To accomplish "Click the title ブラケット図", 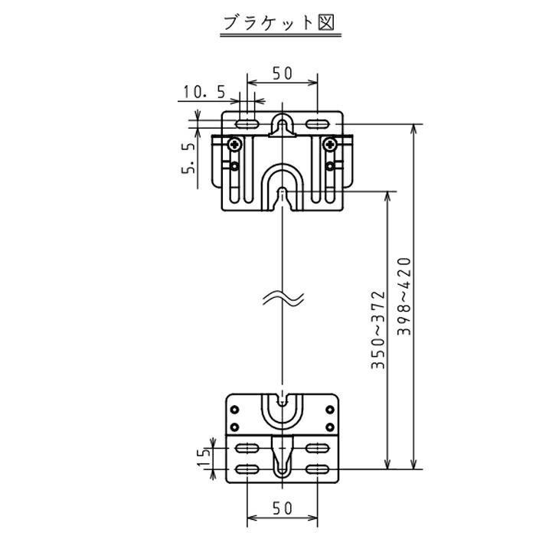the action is [279, 23].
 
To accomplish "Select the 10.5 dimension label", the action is [204, 92].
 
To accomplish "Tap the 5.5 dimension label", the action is [188, 158].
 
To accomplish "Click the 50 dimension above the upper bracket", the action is [283, 74].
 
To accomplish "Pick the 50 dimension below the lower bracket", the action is [283, 508].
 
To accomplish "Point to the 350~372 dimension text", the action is [378, 330].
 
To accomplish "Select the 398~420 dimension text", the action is [404, 296].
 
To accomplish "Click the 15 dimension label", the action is [204, 457].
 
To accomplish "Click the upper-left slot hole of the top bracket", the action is [247, 124].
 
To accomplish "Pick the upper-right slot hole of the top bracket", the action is [318, 124].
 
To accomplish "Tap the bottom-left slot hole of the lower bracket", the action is [247, 469].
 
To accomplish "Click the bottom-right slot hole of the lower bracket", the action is [318, 469].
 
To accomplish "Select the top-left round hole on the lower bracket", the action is [234, 409].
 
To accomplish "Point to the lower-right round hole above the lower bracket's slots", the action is [330, 427].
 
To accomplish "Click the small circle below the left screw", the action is [234, 166].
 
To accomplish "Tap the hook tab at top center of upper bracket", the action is [282, 125].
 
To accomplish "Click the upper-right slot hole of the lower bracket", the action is [318, 448].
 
